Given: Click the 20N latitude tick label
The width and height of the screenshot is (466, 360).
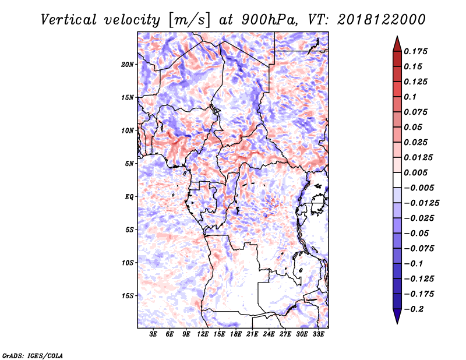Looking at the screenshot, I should pos(128,64).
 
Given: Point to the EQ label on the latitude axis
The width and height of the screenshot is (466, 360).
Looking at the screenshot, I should pos(130,196).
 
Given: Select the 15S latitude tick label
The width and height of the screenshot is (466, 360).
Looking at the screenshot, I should pos(128,295).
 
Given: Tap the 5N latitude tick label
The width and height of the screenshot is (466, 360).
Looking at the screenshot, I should pos(129,163).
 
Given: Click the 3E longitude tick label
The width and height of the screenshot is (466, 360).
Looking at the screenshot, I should pos(153,335).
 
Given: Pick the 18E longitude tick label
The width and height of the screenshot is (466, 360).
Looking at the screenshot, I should pos(235,335).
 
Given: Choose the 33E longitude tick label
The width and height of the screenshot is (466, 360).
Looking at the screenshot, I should pos(317,335).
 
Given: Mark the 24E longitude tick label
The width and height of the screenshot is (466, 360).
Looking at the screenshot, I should pos(268,335).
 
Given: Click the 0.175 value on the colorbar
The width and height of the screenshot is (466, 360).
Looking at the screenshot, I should pos(417,51).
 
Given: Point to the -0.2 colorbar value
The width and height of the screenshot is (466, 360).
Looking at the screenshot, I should pos(416,309).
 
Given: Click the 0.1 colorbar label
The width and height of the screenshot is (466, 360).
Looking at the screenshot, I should pos(411,97).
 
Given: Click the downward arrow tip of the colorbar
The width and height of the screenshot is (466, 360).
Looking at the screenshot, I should pos(397,322).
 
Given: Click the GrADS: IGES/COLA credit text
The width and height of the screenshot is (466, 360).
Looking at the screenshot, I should pos(33,355).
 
